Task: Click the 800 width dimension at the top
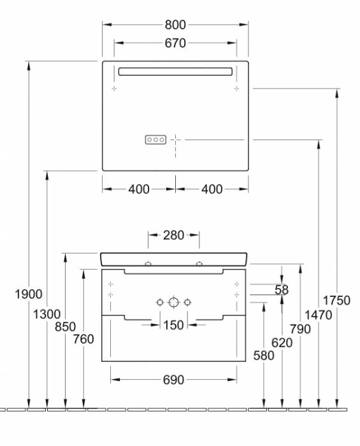(x=175, y=25)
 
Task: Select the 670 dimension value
(x=175, y=43)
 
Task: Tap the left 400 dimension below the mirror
(x=139, y=189)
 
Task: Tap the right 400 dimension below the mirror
(x=212, y=189)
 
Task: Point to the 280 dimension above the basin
(x=173, y=235)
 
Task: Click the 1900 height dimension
(x=29, y=294)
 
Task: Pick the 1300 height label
(x=47, y=313)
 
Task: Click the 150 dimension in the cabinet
(x=173, y=325)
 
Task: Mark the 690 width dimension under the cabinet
(x=173, y=380)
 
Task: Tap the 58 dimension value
(x=281, y=290)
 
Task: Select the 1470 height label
(x=318, y=313)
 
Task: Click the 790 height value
(x=299, y=329)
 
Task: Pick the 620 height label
(x=281, y=342)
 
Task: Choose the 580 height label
(x=263, y=356)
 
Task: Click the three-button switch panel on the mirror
(x=156, y=138)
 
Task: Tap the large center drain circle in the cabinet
(x=173, y=302)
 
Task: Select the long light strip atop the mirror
(x=175, y=71)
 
